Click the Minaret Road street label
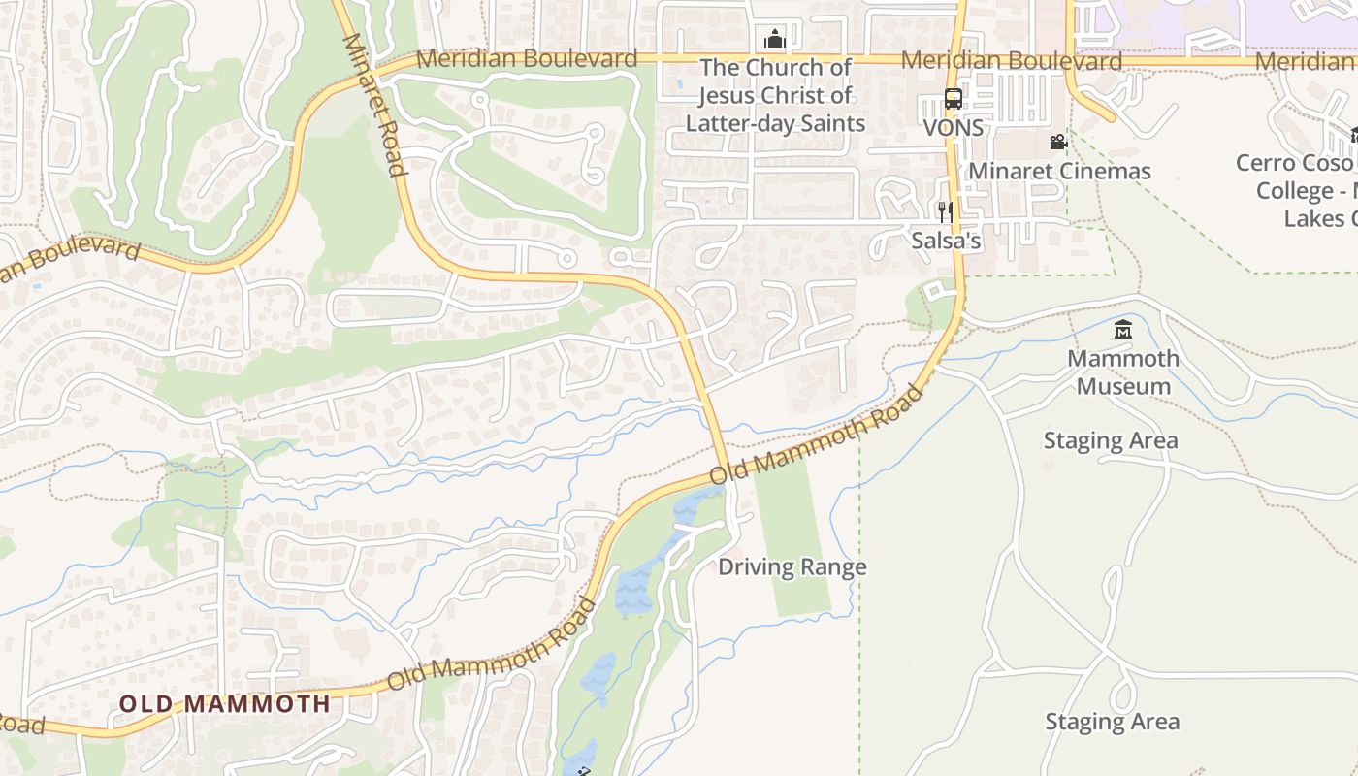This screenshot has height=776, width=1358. [x=373, y=106]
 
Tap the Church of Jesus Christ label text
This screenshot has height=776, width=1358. [x=775, y=95]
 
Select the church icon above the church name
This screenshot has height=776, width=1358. [x=774, y=40]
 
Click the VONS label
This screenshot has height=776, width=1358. [x=953, y=128]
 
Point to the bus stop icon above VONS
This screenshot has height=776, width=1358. [x=953, y=99]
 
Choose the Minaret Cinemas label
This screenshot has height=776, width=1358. [x=1059, y=172]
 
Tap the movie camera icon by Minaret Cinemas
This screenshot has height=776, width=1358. [x=1058, y=143]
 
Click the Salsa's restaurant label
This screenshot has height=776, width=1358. [x=946, y=241]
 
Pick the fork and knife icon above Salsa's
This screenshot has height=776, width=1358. [x=945, y=211]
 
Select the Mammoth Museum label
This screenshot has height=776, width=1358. [x=1123, y=372]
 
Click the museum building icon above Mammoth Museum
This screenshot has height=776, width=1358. [x=1123, y=330]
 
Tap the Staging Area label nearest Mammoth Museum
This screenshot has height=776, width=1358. [x=1111, y=441]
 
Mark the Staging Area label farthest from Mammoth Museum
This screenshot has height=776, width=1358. [x=1112, y=722]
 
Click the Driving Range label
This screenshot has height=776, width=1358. [x=792, y=567]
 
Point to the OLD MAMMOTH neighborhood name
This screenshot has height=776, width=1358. [x=225, y=704]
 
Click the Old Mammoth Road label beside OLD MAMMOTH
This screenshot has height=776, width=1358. [x=491, y=645]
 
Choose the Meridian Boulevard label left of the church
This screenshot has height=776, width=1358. [x=527, y=59]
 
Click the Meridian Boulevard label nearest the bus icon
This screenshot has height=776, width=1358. [x=1011, y=61]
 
